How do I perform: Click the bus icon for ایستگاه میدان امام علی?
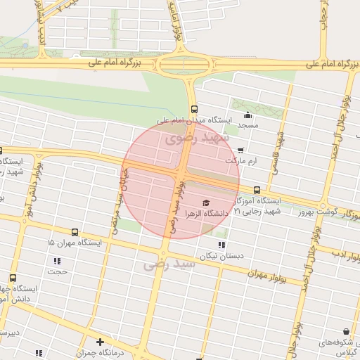194,109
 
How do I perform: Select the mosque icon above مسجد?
247,115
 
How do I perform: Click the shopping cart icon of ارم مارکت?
241,150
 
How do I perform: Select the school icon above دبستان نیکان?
221,245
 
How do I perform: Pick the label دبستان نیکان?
221,256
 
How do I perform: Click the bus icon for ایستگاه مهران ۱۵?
75,232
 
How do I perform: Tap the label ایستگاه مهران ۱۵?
75,243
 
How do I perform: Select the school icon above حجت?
56,261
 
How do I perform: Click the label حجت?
56,271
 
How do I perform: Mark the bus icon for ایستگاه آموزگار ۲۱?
257,190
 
